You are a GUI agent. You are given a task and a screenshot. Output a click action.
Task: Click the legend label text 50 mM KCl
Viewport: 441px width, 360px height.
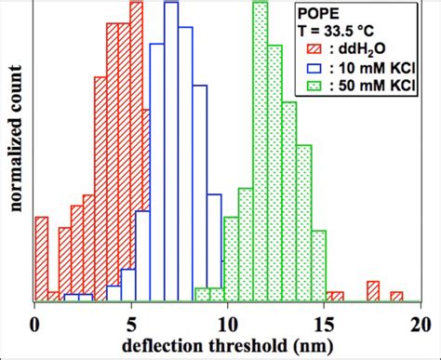377,86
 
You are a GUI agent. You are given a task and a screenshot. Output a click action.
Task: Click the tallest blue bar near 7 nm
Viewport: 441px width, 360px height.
170,149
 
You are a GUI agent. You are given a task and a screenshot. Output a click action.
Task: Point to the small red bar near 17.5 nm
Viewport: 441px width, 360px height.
373,290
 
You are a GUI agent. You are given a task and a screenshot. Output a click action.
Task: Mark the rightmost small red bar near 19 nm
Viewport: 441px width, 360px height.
397,297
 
